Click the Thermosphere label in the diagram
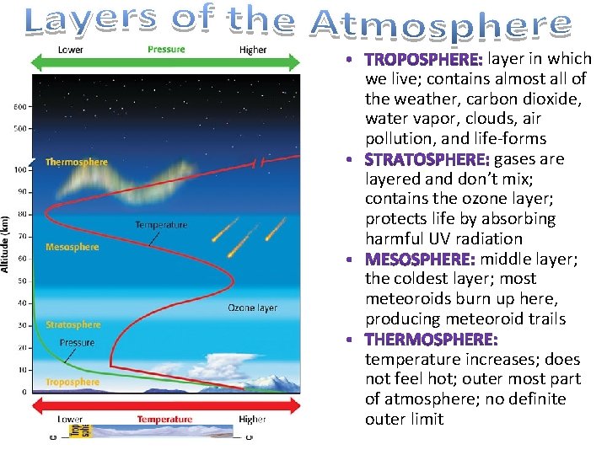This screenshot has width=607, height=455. pos(77,162)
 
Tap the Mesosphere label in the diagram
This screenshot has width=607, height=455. pos(73,247)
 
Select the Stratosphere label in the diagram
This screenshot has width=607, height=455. pos(73,324)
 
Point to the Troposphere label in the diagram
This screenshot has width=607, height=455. pos(73,382)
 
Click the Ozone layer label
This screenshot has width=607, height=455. pos(252,308)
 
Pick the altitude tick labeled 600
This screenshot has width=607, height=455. pos(19,106)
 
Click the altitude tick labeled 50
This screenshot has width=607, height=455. pos(22,281)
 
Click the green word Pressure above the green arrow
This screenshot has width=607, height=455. pos(166,49)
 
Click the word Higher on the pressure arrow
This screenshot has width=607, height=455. pos(253,50)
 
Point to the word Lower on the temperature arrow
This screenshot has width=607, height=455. pos(70,419)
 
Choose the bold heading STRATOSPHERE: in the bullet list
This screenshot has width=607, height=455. pos(427,159)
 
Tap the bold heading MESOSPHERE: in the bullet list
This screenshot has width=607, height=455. pos(420,259)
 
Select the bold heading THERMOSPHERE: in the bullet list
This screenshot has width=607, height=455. pos(431,339)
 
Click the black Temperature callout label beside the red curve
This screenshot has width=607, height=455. pos(161,225)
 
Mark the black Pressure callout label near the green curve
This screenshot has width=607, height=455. pos(77,343)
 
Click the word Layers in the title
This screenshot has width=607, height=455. pos(92,22)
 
